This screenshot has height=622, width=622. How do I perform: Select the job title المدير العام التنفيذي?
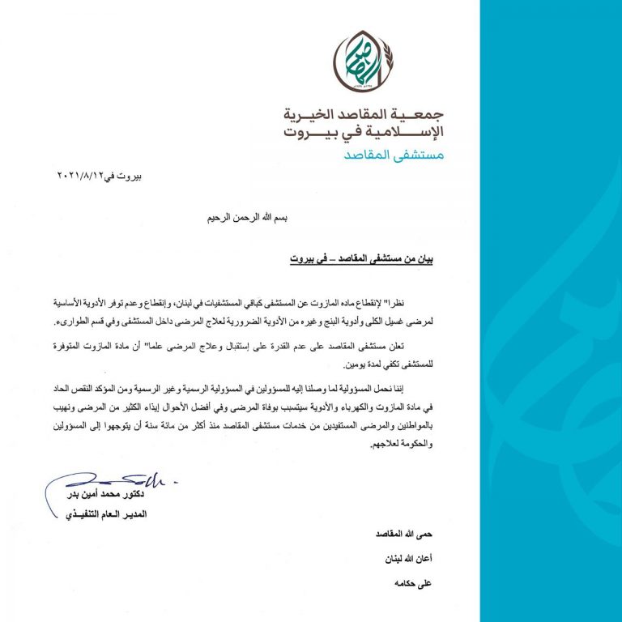coord(104,514)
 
